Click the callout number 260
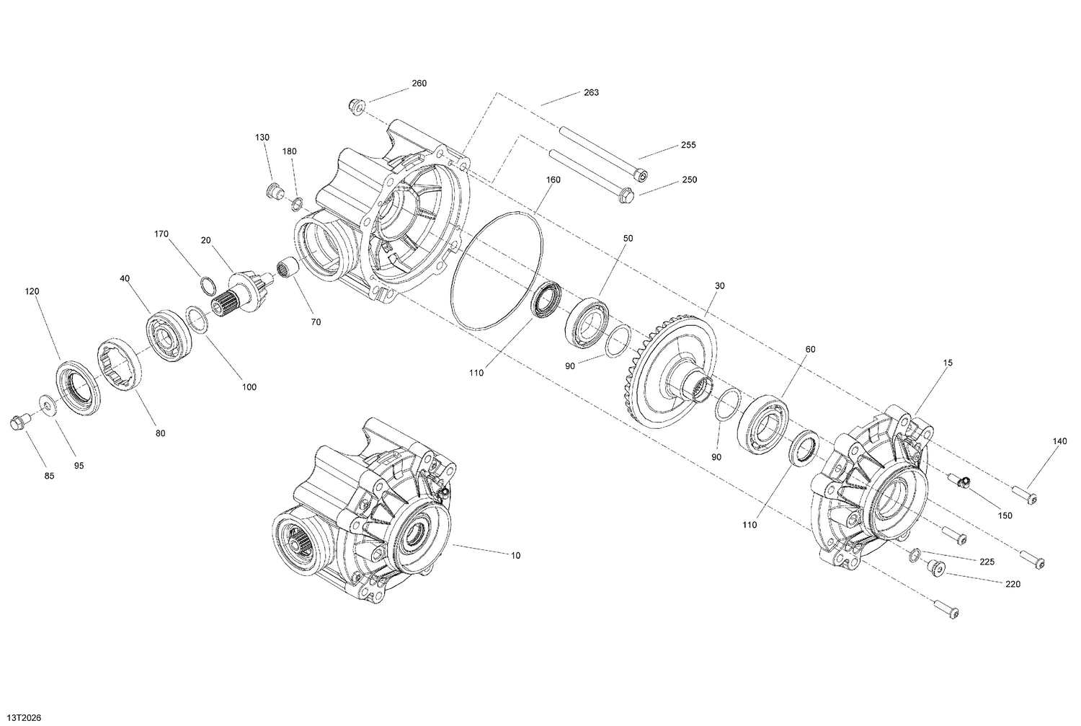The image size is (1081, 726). [419, 84]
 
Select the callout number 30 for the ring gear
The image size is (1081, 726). [719, 285]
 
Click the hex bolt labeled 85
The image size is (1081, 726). [17, 422]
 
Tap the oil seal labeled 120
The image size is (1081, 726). [76, 388]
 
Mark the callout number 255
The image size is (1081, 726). [688, 145]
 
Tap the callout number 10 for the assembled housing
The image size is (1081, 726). [515, 555]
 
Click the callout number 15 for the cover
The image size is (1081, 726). [948, 363]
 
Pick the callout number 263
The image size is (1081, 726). [591, 93]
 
